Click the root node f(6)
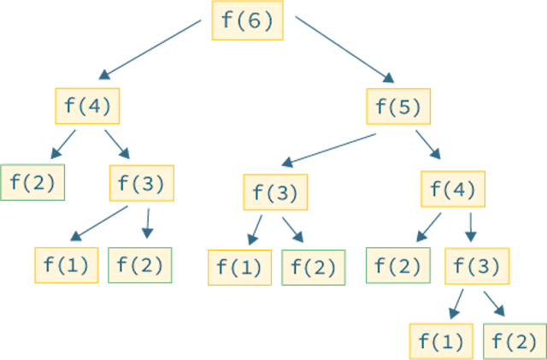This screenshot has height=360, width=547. click(247, 21)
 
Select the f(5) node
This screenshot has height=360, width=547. click(399, 107)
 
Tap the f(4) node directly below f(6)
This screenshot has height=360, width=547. click(86, 106)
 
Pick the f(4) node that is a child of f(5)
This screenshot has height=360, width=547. click(453, 189)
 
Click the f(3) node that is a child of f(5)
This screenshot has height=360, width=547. click(275, 193)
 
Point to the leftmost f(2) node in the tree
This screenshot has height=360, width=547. click(33, 182)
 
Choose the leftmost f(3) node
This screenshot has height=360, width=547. click(141, 183)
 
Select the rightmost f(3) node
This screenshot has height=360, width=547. click(476, 266)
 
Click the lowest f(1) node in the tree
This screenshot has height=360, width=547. click(441, 342)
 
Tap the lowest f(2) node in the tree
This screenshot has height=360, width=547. click(515, 342)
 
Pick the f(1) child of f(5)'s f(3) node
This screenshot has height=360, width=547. click(239, 268)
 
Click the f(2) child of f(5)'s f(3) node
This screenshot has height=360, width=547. click(313, 268)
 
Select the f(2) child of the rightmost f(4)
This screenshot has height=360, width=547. click(397, 266)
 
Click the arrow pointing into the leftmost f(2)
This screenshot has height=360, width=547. click(62, 145)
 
